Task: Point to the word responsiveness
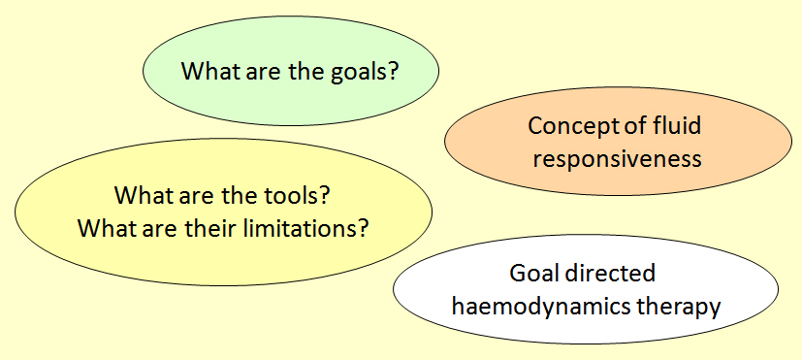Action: (617, 159)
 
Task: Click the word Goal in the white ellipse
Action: (532, 274)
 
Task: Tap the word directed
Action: (609, 274)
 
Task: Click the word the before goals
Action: (304, 71)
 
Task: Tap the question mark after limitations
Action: (364, 228)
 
